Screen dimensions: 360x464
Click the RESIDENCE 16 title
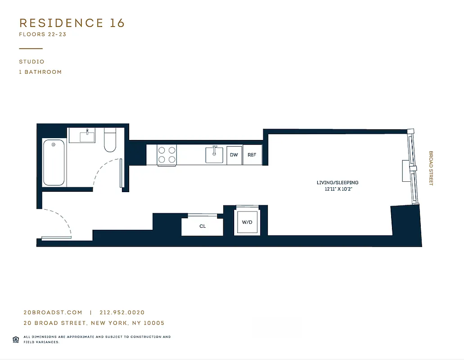(x=72, y=23)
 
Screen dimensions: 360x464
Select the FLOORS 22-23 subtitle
(x=42, y=35)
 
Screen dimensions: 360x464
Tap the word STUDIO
(x=32, y=62)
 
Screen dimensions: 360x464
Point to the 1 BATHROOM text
(x=40, y=72)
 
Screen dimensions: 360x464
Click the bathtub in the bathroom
(x=54, y=162)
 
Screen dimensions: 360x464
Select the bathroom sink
(x=87, y=135)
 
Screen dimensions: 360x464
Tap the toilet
(x=110, y=141)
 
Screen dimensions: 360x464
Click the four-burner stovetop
(x=167, y=155)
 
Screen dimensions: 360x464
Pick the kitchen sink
(x=215, y=155)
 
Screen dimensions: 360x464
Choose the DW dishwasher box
(x=234, y=155)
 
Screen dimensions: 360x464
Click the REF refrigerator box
(x=252, y=155)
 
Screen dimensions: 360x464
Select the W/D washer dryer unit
(x=247, y=222)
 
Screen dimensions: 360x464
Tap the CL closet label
(x=203, y=226)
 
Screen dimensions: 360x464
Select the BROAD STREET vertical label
(x=430, y=168)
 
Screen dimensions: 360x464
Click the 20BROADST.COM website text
(x=53, y=312)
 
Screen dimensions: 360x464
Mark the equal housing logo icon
(x=16, y=339)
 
